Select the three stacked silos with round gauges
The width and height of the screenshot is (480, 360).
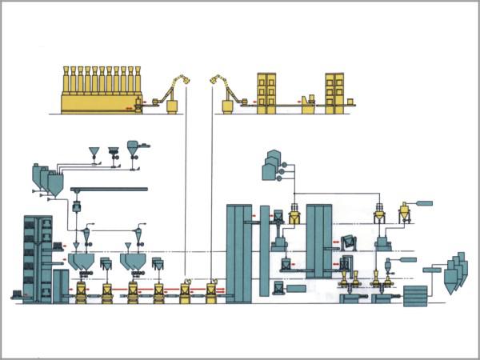[272, 166]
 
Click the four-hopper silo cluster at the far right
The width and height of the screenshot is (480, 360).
[453, 272]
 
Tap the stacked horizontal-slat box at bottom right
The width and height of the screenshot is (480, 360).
[415, 295]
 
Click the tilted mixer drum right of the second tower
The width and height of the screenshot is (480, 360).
[349, 241]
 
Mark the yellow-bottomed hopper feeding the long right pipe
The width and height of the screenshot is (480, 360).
[404, 211]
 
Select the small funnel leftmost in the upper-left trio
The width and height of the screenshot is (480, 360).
[94, 151]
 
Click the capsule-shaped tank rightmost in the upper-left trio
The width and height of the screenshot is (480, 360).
[131, 147]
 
